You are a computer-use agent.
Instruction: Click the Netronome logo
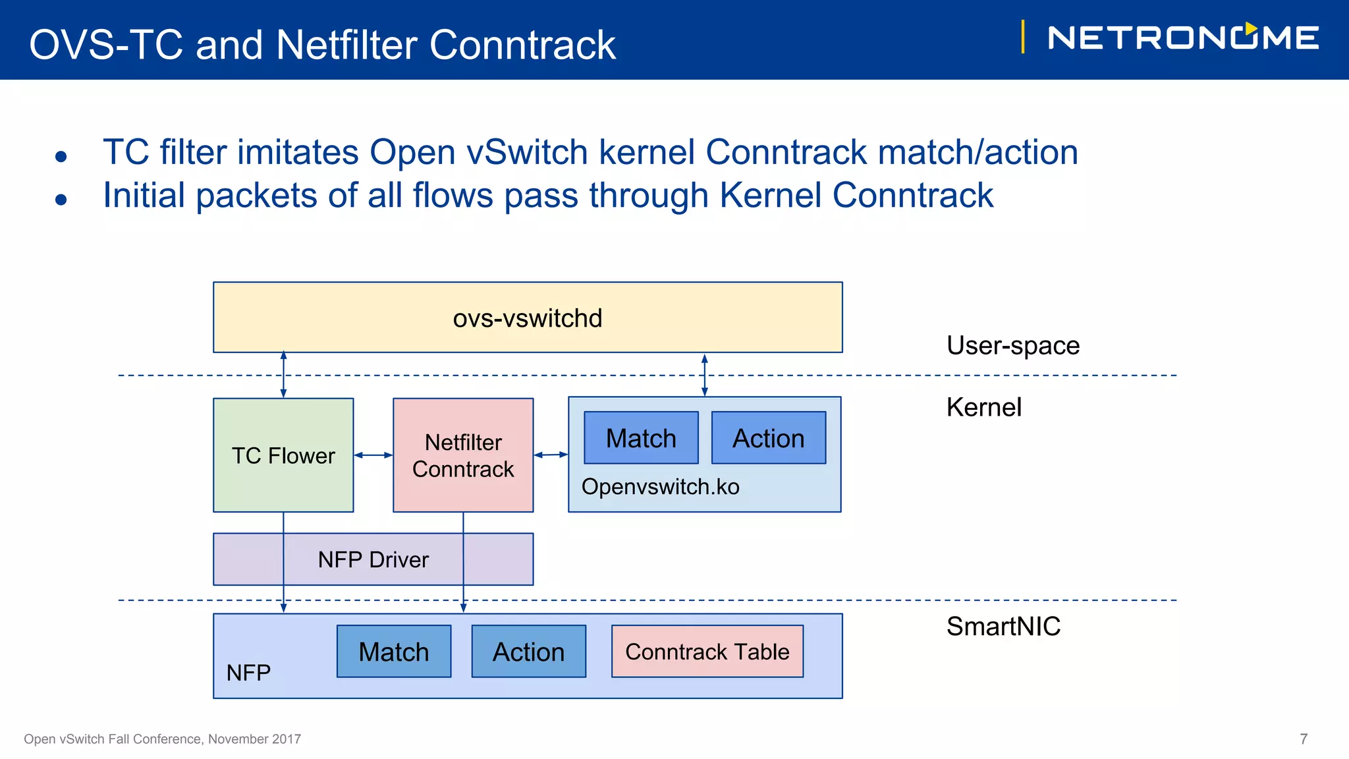click(x=1182, y=38)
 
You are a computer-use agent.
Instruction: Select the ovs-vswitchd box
click(x=527, y=318)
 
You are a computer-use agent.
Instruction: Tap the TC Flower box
click(x=283, y=455)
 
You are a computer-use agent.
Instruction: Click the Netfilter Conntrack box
click(x=463, y=455)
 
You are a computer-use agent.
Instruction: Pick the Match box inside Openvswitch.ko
click(x=641, y=438)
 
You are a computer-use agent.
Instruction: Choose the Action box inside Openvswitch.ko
click(x=769, y=438)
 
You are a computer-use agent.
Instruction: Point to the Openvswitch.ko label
click(x=660, y=487)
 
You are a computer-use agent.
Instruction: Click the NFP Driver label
click(x=373, y=559)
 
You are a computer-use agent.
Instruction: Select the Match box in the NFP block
click(x=394, y=652)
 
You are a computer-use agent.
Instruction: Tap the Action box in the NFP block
click(x=528, y=652)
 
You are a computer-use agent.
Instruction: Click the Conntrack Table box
click(x=707, y=652)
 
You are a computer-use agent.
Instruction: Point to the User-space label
click(x=1012, y=345)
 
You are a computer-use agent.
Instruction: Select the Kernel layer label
click(x=983, y=407)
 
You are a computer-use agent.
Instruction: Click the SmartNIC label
click(x=1003, y=626)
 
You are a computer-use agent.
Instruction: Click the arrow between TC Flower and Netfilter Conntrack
click(x=373, y=455)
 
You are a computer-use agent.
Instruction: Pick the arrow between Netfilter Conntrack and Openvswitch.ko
click(x=551, y=455)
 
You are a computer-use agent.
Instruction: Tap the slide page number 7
click(x=1303, y=739)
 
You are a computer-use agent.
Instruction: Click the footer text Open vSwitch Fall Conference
click(x=162, y=739)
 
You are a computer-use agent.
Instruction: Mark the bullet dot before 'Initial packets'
click(x=61, y=200)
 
